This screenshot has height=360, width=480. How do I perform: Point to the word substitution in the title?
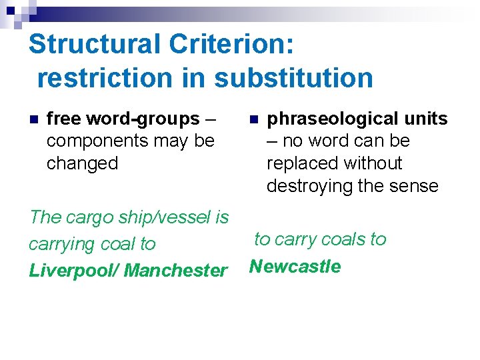click(293, 78)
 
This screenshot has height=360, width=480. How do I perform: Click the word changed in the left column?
click(82, 163)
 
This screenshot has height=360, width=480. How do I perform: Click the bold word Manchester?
click(176, 271)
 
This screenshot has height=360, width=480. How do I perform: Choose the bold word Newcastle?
click(295, 267)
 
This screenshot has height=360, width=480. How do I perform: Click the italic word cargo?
click(84, 217)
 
